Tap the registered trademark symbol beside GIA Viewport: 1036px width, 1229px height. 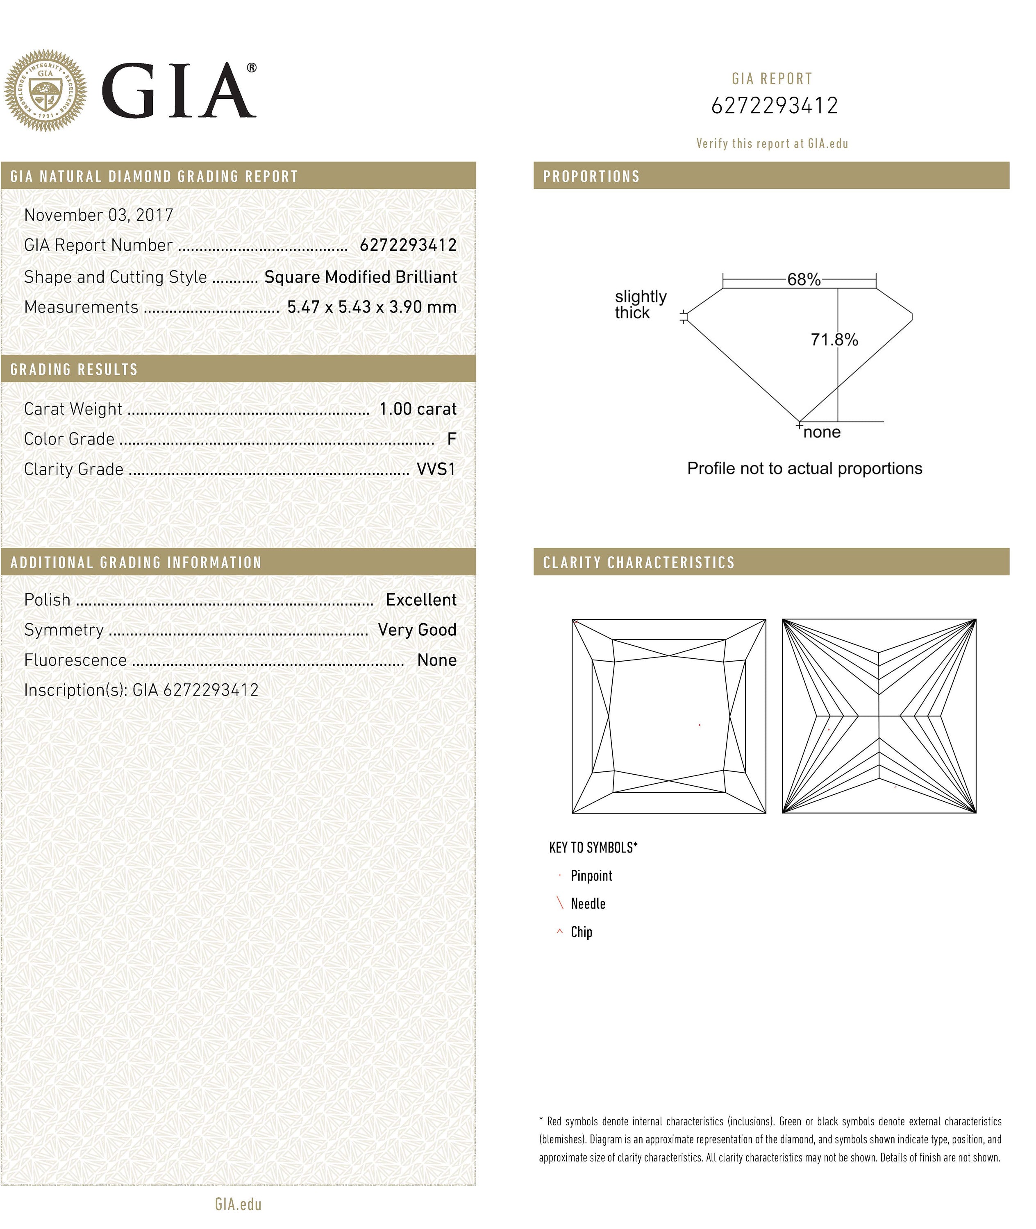pyautogui.click(x=251, y=68)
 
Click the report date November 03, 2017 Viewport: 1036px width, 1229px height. pyautogui.click(x=99, y=215)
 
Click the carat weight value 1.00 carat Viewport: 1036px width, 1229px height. pyautogui.click(x=418, y=409)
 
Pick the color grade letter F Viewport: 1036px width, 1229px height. pyautogui.click(x=451, y=439)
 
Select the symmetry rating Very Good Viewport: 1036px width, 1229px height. pyautogui.click(x=417, y=630)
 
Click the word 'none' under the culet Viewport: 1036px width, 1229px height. pyautogui.click(x=822, y=432)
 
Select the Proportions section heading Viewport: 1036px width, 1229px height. pyautogui.click(x=591, y=176)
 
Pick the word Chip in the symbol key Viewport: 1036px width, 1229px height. pyautogui.click(x=581, y=932)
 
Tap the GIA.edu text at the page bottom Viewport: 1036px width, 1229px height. pyautogui.click(x=238, y=1204)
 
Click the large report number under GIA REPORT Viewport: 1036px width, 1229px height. pyautogui.click(x=774, y=106)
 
